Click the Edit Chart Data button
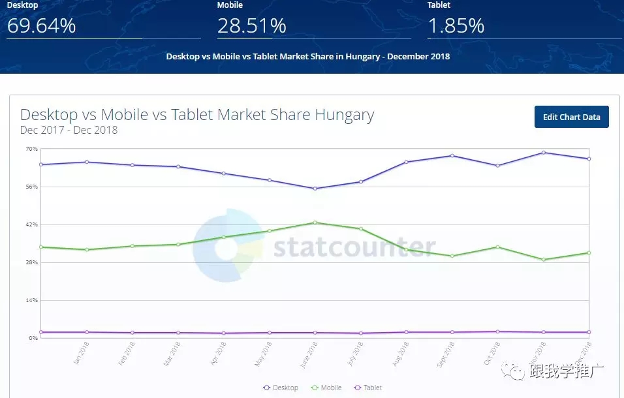click(x=571, y=117)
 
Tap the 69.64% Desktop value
click(x=41, y=25)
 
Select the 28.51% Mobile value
click(x=251, y=25)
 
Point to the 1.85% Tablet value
click(x=456, y=25)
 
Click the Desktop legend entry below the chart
click(x=281, y=388)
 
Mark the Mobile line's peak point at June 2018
click(x=315, y=222)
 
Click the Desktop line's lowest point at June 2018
click(x=315, y=189)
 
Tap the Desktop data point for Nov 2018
click(x=544, y=153)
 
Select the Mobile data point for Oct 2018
click(x=498, y=247)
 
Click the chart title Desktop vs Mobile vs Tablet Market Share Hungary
click(x=197, y=115)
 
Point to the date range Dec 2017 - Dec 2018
click(x=69, y=130)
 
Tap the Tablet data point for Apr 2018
click(x=224, y=333)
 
